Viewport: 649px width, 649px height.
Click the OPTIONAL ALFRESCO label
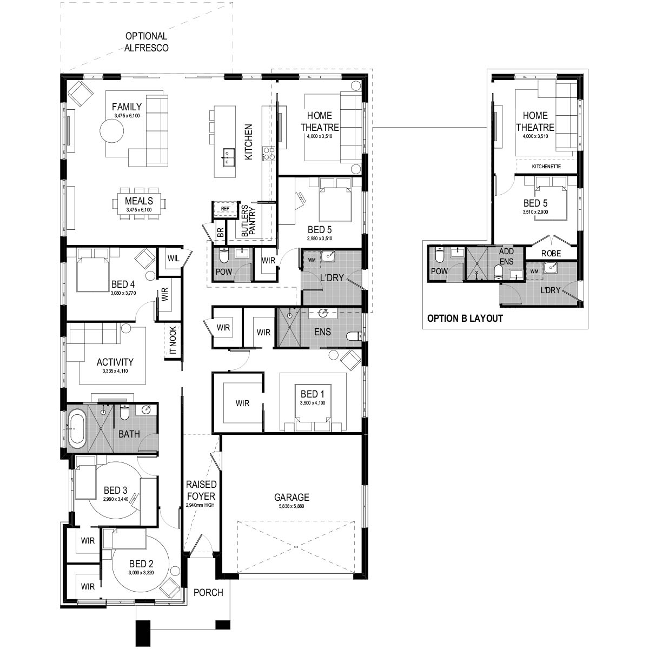point(146,42)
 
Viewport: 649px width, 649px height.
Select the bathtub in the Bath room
point(76,429)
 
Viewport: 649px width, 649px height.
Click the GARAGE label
point(292,497)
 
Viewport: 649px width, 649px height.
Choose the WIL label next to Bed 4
point(173,258)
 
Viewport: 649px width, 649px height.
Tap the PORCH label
point(208,592)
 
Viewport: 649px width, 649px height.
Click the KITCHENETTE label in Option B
point(546,167)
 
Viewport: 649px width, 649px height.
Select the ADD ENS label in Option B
point(506,256)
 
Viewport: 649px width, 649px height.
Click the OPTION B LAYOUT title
point(465,319)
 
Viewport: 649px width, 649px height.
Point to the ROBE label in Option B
point(551,253)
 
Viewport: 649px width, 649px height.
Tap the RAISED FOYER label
point(201,490)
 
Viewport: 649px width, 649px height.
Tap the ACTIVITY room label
point(115,362)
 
